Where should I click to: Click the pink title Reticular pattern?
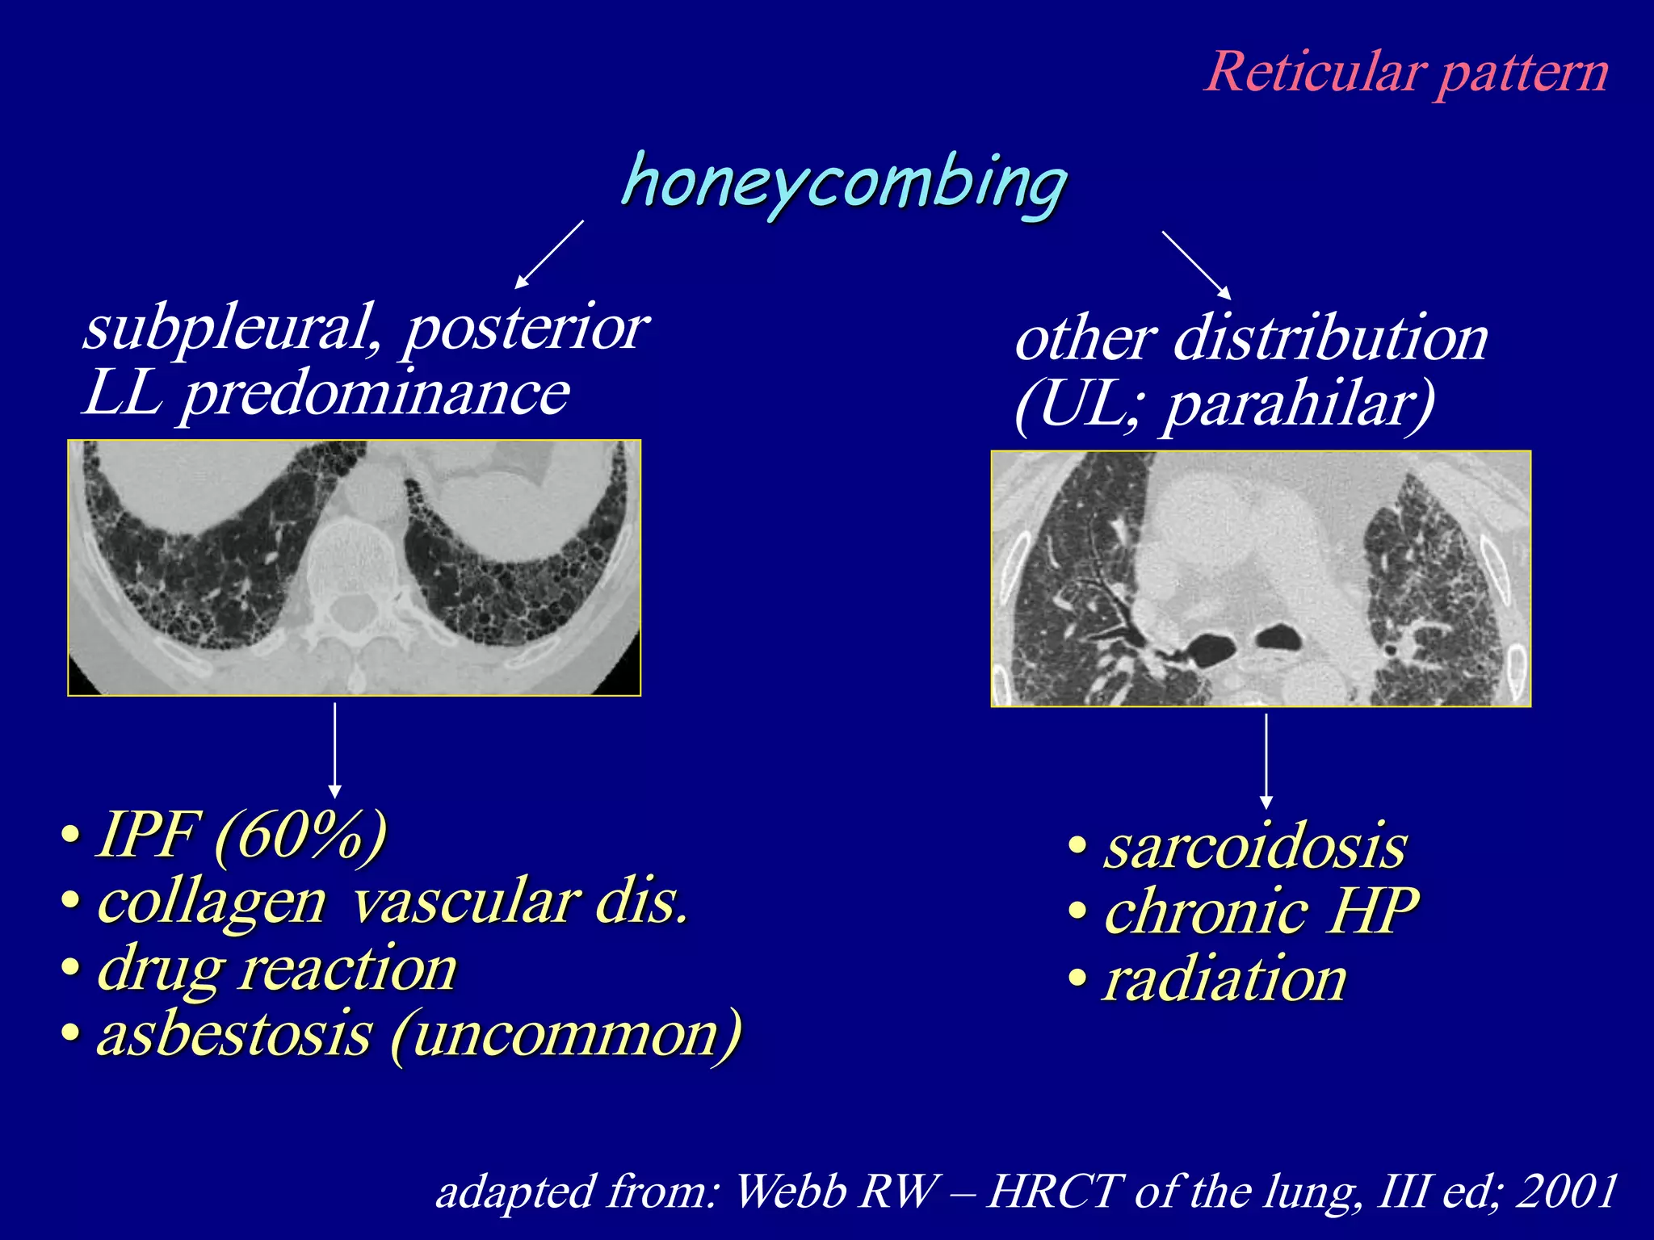[1406, 73]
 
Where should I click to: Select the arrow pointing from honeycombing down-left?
[549, 254]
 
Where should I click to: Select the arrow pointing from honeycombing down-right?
[1196, 265]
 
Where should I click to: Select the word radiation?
[1224, 980]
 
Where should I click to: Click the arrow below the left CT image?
[335, 750]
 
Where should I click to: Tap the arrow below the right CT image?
[1266, 760]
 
